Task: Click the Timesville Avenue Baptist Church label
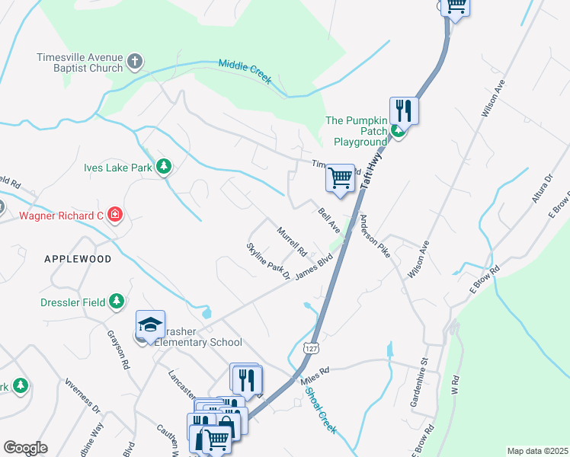[79, 62]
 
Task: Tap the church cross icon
[135, 62]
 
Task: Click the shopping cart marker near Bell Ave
[340, 178]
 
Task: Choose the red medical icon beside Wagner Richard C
[115, 216]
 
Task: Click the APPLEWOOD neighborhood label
[78, 259]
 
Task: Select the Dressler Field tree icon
[116, 302]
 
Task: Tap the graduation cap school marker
[150, 325]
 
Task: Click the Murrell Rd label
[291, 241]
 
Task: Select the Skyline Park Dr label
[268, 260]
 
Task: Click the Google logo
[25, 448]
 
